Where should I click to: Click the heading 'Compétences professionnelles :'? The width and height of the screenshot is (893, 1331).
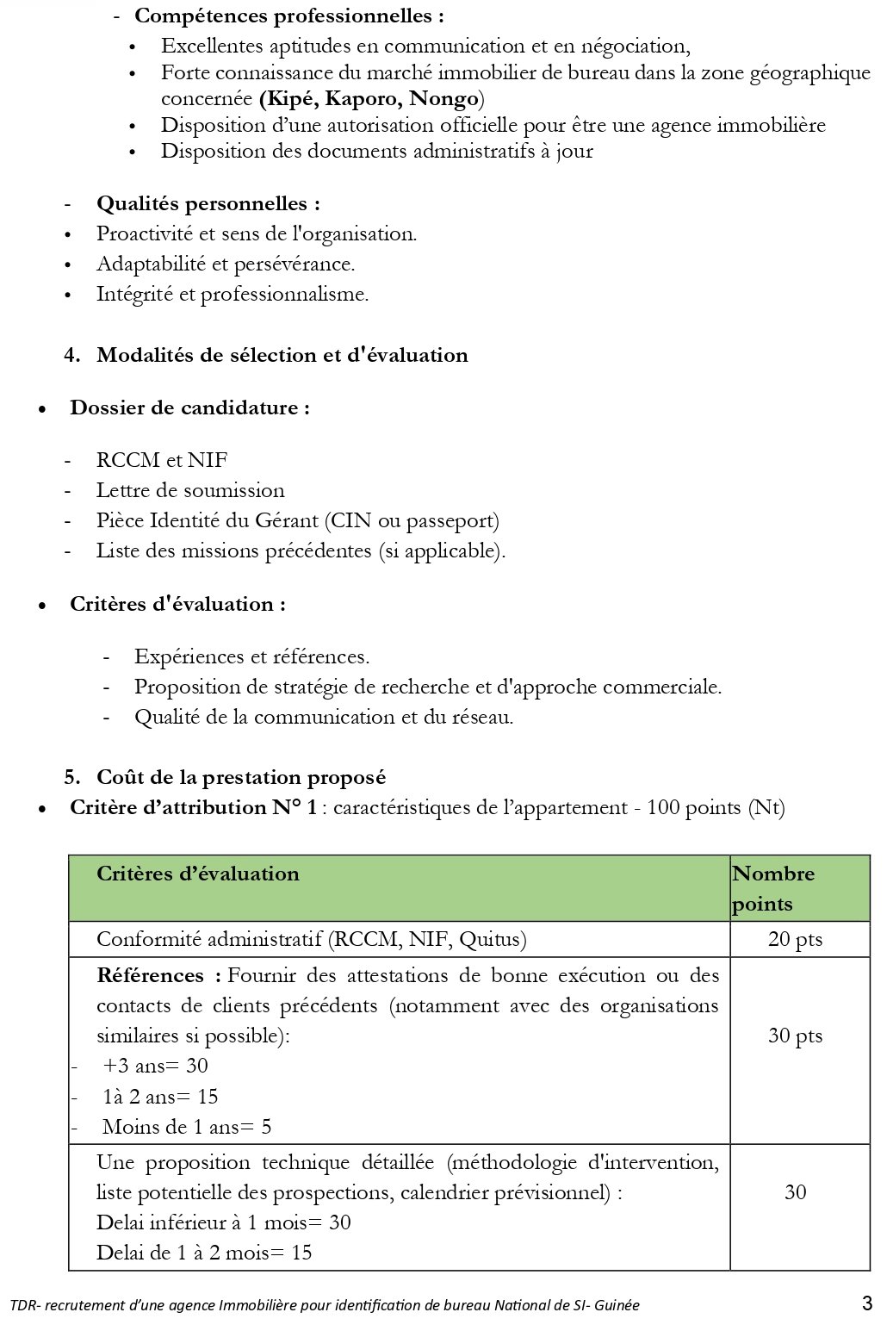289,16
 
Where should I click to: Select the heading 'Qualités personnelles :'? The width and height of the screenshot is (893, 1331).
208,203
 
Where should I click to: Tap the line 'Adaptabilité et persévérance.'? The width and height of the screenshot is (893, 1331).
226,264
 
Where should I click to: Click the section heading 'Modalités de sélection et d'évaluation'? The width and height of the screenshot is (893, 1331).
282,355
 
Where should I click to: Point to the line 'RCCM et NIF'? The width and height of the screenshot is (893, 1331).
162,460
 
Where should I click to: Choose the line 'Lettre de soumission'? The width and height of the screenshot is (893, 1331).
190,490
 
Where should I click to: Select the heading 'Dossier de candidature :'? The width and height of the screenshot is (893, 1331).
189,407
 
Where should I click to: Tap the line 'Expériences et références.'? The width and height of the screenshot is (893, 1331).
251,656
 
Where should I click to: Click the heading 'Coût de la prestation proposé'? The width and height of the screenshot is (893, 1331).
241,777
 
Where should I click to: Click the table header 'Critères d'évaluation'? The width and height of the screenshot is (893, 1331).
198,874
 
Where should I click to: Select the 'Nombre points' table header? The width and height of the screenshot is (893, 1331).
773,888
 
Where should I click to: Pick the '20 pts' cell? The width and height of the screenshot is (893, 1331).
795,939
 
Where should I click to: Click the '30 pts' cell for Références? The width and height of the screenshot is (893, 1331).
795,1036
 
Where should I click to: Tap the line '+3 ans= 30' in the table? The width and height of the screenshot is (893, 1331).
155,1066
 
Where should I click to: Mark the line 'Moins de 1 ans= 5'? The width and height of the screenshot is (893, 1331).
187,1126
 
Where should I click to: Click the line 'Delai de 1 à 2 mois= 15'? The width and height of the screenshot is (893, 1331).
204,1252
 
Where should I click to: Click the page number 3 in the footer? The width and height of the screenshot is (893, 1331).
866,1303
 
